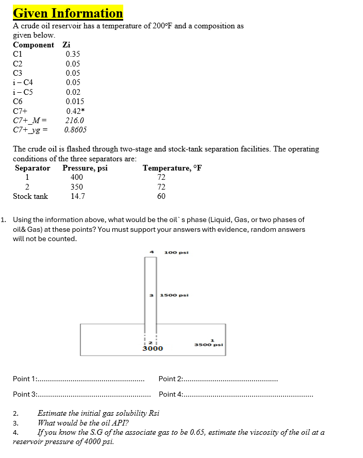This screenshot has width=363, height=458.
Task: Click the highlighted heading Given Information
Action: pyautogui.click(x=68, y=13)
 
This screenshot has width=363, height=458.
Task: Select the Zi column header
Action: pyautogui.click(x=66, y=45)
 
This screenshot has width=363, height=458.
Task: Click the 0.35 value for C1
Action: pyautogui.click(x=73, y=54)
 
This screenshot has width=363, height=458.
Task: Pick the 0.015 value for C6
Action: pyautogui.click(x=75, y=101)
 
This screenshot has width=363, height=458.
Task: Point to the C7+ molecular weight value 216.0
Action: pyautogui.click(x=75, y=121)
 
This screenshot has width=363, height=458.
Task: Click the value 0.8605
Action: pyautogui.click(x=76, y=130)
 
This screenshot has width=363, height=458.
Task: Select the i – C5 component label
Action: pyautogui.click(x=23, y=92)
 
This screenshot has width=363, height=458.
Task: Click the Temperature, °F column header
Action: pyautogui.click(x=172, y=168)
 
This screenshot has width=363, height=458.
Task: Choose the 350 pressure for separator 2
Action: pyautogui.click(x=77, y=187)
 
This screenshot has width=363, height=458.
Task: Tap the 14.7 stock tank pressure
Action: pyautogui.click(x=77, y=196)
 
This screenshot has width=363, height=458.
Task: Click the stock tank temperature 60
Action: pyautogui.click(x=161, y=196)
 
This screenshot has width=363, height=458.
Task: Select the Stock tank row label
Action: pyautogui.click(x=30, y=196)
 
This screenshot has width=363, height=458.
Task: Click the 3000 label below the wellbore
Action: pyautogui.click(x=153, y=349)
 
